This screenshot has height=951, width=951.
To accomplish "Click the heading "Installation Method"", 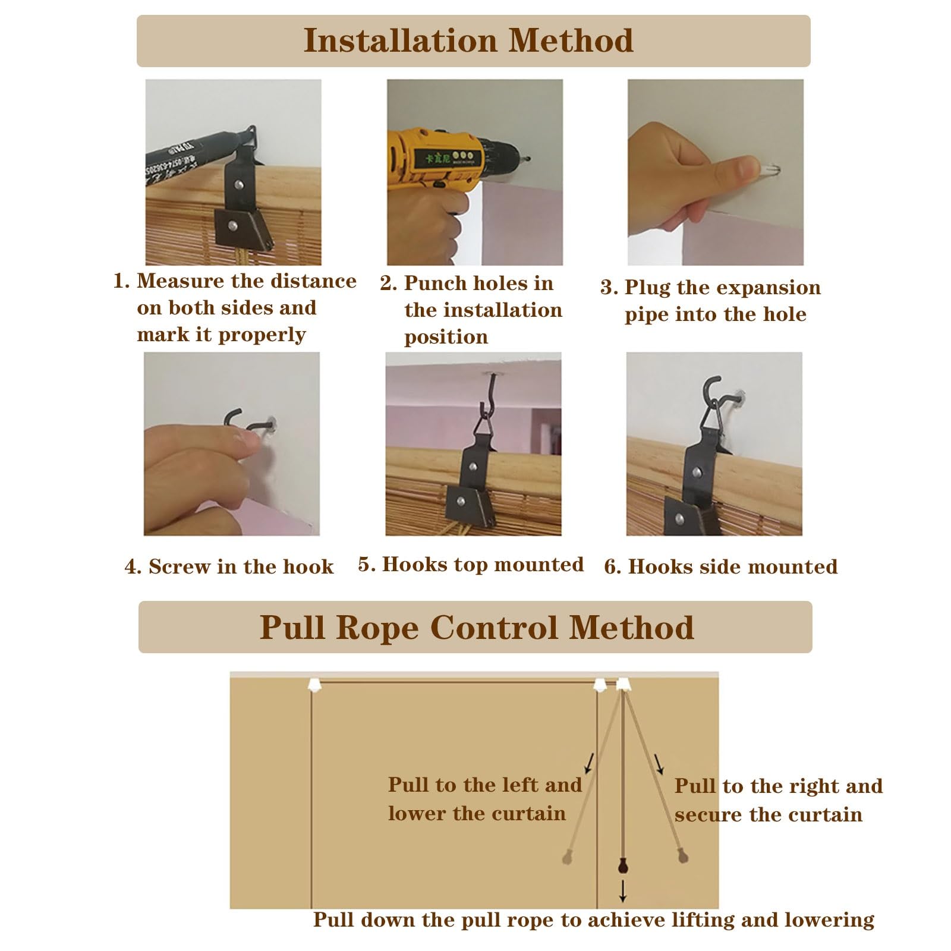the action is tap(468, 40).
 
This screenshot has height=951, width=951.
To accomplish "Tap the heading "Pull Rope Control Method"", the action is tap(477, 627).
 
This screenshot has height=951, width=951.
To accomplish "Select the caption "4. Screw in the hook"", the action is tap(229, 566).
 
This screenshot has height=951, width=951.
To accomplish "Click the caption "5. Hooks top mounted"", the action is tap(471, 564).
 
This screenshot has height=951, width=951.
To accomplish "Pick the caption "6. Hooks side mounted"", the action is tap(721, 566).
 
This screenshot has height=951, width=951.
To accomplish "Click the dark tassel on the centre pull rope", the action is tap(622, 865).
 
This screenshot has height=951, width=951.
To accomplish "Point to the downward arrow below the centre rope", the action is tap(622, 891).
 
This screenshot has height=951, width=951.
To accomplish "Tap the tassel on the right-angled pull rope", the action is tap(682, 855).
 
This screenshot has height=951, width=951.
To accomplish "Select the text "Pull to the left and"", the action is tap(485, 785).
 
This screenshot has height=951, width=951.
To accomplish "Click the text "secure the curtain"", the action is tap(768, 814).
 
